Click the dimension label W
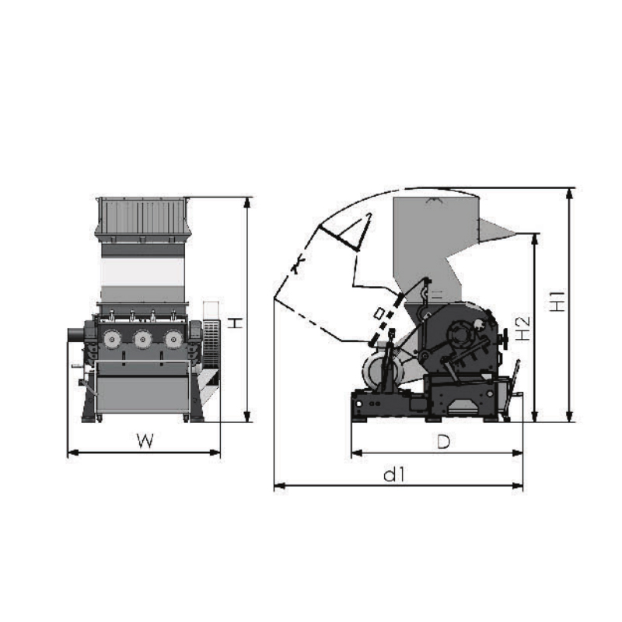tap(145, 441)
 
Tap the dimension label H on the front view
tap(236, 323)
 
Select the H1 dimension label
tap(558, 301)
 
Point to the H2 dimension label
tap(523, 329)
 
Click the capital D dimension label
tap(443, 442)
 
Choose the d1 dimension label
tap(394, 474)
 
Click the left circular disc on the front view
tap(112, 339)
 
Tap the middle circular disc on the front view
tap(142, 339)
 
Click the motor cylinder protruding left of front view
tap(76, 334)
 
